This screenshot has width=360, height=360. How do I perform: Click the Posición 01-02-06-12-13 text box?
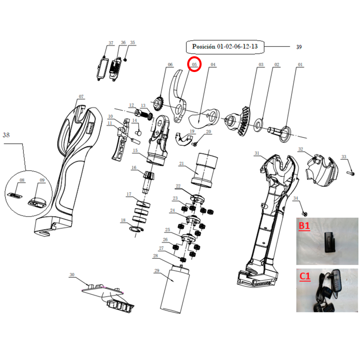[x=225, y=47]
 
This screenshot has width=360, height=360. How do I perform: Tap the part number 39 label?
[x=299, y=47]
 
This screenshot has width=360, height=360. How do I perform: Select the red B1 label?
[x=304, y=226]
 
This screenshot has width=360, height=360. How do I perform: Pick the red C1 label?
[x=305, y=276]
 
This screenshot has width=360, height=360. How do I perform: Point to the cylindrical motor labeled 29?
[x=175, y=289]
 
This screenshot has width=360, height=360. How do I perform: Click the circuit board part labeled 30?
[x=108, y=297]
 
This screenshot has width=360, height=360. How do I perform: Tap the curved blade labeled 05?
[x=178, y=96]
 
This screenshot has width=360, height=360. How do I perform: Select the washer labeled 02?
[x=259, y=125]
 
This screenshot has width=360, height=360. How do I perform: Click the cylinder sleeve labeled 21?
[x=204, y=170]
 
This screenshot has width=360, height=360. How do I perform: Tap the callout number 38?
[x=6, y=135]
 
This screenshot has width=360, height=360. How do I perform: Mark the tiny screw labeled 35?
[x=126, y=60]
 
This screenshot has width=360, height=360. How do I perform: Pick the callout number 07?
[x=81, y=96]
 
